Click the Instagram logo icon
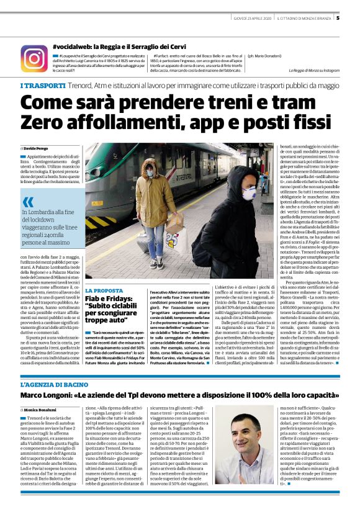[x=34, y=58]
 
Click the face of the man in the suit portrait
[x=241, y=449]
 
